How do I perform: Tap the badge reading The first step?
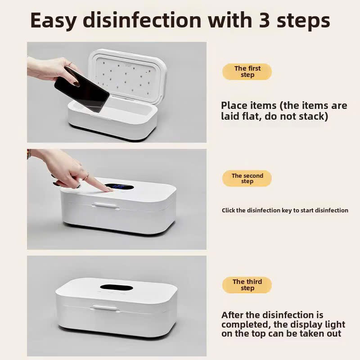(247, 72)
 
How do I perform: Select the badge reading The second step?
(247, 179)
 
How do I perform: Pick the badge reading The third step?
(247, 285)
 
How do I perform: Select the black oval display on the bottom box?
(115, 287)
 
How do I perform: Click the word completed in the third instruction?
(243, 324)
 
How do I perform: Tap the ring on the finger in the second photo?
(86, 176)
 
